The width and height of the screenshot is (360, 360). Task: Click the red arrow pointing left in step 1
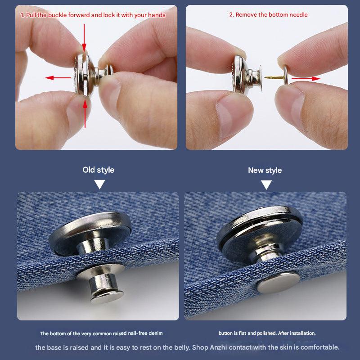click(x=58, y=78)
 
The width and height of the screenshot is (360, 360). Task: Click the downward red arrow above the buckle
click(x=84, y=38)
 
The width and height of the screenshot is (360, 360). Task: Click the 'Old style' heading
click(x=98, y=170)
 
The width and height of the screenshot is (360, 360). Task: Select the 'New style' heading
click(x=265, y=170)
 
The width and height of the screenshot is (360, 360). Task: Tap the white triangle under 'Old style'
click(x=99, y=184)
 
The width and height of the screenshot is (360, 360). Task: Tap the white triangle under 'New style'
click(x=266, y=184)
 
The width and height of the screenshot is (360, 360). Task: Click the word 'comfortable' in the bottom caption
click(x=319, y=347)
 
